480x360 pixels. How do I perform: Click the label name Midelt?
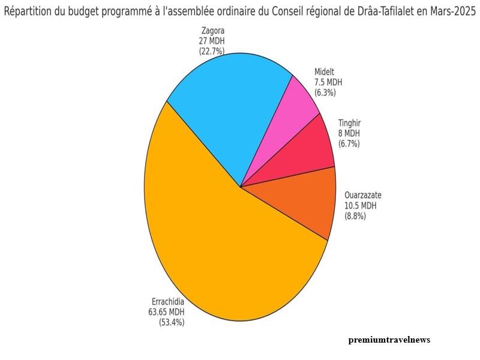click(x=326, y=71)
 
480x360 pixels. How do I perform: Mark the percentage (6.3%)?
click(x=325, y=92)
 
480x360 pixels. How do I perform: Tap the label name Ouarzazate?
click(x=363, y=195)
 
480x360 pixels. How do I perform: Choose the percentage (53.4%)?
click(x=171, y=322)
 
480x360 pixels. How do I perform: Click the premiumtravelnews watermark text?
click(x=389, y=340)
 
